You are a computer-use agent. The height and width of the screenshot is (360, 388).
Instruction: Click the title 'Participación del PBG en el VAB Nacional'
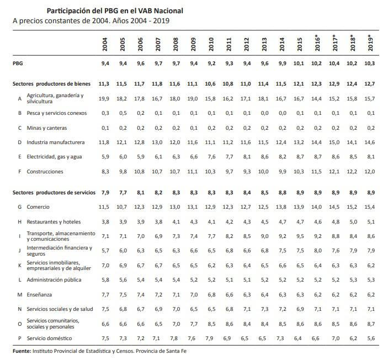115,10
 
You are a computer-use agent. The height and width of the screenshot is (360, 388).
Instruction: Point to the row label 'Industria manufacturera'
56,142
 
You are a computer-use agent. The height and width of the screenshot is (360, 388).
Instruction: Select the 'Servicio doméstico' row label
51,337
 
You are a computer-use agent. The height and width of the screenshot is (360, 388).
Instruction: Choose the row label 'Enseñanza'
40,294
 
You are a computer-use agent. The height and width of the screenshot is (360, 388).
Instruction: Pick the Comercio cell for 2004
104,207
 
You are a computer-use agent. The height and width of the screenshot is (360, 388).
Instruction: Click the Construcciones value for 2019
370,171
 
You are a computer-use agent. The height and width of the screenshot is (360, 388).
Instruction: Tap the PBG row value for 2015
299,64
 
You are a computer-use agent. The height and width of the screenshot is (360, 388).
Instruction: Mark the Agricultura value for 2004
104,98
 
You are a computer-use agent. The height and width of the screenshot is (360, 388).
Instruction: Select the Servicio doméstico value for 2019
371,337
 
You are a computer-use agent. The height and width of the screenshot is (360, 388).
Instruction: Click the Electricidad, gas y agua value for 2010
210,156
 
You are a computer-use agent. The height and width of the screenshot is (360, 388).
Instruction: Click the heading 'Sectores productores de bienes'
49,83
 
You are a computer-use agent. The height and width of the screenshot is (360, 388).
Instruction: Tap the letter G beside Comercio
20,207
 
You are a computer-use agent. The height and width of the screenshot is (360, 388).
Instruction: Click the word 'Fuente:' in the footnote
23,351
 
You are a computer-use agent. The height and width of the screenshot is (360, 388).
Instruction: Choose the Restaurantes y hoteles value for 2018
352,222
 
